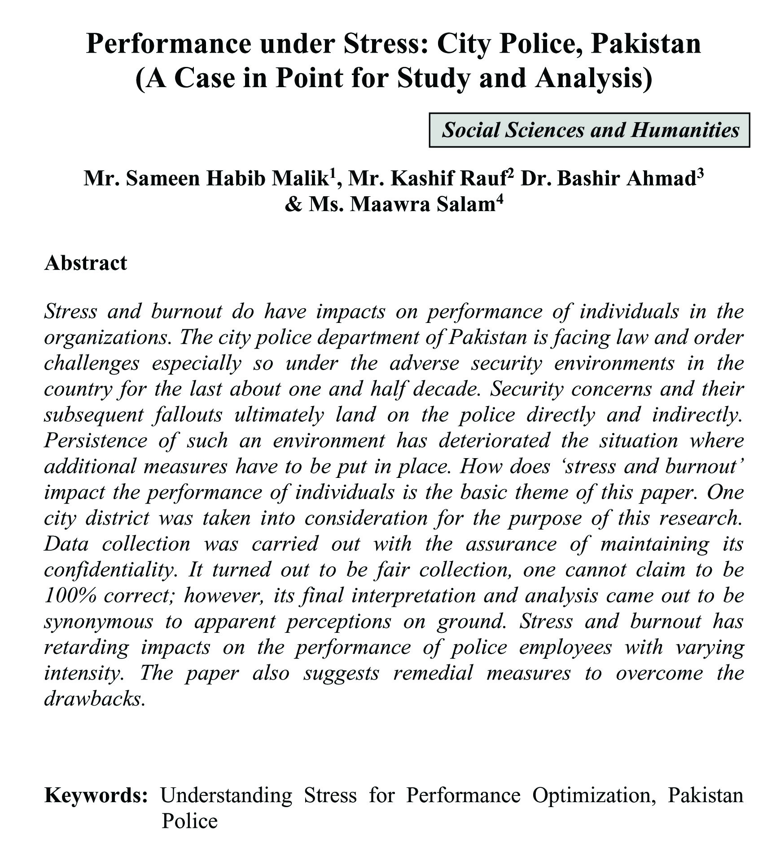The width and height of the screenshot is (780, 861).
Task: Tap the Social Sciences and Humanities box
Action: coord(590,130)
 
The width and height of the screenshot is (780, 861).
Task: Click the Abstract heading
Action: coord(86,263)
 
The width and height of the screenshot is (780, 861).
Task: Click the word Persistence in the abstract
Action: coord(96,440)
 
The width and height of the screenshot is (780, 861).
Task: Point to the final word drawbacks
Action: coord(95,699)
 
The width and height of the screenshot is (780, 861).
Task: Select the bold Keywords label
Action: coord(96,795)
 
